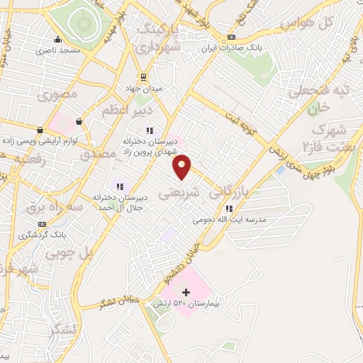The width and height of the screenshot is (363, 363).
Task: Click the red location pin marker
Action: pos(182,167)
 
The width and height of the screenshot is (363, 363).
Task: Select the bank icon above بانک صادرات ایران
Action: pos(230,37)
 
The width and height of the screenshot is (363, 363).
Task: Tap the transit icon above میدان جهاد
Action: pos(144,77)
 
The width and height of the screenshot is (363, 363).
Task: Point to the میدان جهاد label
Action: pos(145,88)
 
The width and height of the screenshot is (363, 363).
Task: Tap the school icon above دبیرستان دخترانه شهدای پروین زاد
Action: pos(149,131)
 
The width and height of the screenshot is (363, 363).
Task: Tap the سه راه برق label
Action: pos(55,206)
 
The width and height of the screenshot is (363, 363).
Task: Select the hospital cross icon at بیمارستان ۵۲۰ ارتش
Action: pos(186,292)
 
